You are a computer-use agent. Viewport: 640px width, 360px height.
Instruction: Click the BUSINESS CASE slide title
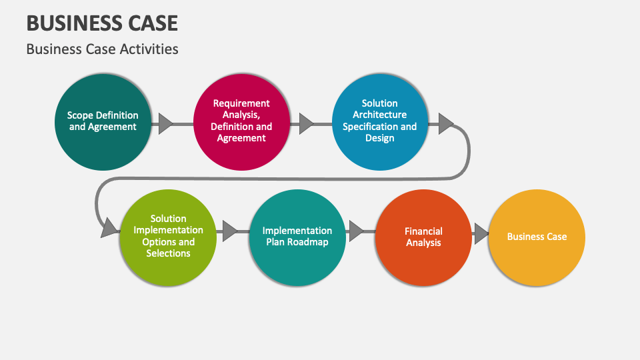click(102, 23)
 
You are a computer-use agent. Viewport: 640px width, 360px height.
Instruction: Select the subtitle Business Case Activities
click(102, 49)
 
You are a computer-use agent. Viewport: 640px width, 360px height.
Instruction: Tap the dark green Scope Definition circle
click(103, 122)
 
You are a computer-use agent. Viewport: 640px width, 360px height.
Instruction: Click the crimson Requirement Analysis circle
click(241, 122)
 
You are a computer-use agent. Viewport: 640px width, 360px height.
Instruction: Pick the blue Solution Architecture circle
click(379, 122)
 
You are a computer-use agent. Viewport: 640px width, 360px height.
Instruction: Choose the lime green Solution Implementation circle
click(168, 237)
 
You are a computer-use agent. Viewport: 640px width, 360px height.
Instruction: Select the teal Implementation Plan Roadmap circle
click(297, 237)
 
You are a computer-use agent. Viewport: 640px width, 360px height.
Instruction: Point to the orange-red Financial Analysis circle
click(423, 237)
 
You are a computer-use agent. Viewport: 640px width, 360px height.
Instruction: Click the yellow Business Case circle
click(537, 237)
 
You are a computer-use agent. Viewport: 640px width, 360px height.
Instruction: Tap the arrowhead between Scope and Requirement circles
click(165, 123)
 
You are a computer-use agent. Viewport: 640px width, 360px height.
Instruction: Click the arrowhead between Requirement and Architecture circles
click(306, 123)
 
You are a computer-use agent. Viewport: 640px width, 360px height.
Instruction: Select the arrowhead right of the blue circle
click(445, 123)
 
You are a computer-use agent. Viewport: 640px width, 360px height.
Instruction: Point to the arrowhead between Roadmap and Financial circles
click(356, 231)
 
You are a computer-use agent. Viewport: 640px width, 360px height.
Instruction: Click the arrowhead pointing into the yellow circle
click(481, 233)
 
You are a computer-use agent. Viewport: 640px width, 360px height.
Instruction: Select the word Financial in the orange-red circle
click(423, 231)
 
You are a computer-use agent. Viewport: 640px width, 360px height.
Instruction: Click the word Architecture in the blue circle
click(379, 115)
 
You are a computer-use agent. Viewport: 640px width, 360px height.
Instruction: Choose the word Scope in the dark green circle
click(80, 115)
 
